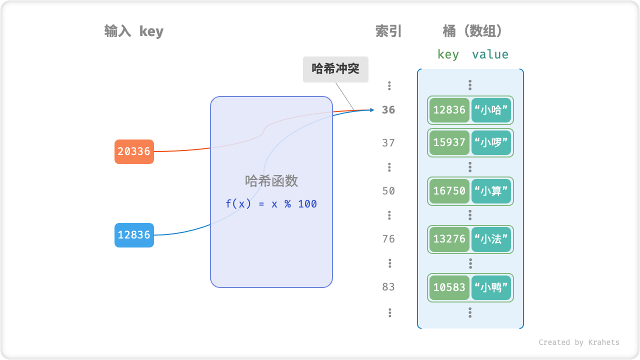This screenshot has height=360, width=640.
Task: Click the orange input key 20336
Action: point(134,151)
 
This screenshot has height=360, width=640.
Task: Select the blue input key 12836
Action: point(134,235)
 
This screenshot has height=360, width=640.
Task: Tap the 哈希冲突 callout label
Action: point(335,69)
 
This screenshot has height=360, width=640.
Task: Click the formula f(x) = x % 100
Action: point(271,204)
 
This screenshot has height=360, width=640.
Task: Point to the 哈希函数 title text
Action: point(271,181)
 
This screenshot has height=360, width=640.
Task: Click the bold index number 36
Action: point(388,110)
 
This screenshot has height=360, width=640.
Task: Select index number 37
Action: point(388,143)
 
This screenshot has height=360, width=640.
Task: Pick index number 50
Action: point(388,191)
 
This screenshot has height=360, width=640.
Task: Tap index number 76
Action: point(388,239)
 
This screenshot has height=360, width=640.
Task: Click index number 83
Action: point(388,287)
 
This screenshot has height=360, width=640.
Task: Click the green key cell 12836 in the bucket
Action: point(449,110)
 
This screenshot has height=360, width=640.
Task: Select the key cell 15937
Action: point(449,143)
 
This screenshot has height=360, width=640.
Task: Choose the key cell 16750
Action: point(449,191)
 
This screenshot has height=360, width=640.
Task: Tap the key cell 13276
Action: point(449,239)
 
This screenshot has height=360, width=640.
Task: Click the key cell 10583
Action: point(449,287)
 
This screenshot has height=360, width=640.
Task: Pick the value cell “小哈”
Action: point(491,110)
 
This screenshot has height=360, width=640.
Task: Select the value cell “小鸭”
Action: point(491,287)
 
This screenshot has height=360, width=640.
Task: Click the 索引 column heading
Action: point(388,31)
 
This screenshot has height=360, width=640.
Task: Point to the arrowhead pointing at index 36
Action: point(371,109)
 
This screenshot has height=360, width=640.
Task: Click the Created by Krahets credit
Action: point(578,342)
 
